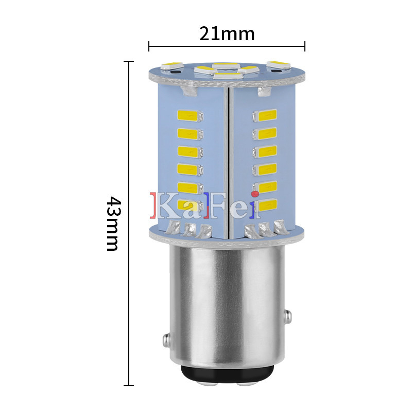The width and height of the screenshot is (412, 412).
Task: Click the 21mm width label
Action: [x=227, y=34]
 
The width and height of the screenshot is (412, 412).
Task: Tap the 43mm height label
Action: [x=112, y=223]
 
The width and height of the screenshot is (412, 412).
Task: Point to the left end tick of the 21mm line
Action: [x=149, y=46]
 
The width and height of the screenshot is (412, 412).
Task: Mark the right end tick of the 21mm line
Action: [x=305, y=46]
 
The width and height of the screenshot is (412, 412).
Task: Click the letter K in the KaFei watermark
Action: [x=165, y=205]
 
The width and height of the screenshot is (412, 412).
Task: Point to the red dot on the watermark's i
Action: [x=256, y=193]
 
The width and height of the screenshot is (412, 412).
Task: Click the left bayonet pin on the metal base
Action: [x=166, y=340]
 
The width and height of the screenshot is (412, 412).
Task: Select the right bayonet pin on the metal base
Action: [x=287, y=315]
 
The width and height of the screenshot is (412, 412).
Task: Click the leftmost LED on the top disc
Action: [x=171, y=66]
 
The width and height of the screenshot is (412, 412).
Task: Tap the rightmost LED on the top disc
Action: [x=279, y=64]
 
